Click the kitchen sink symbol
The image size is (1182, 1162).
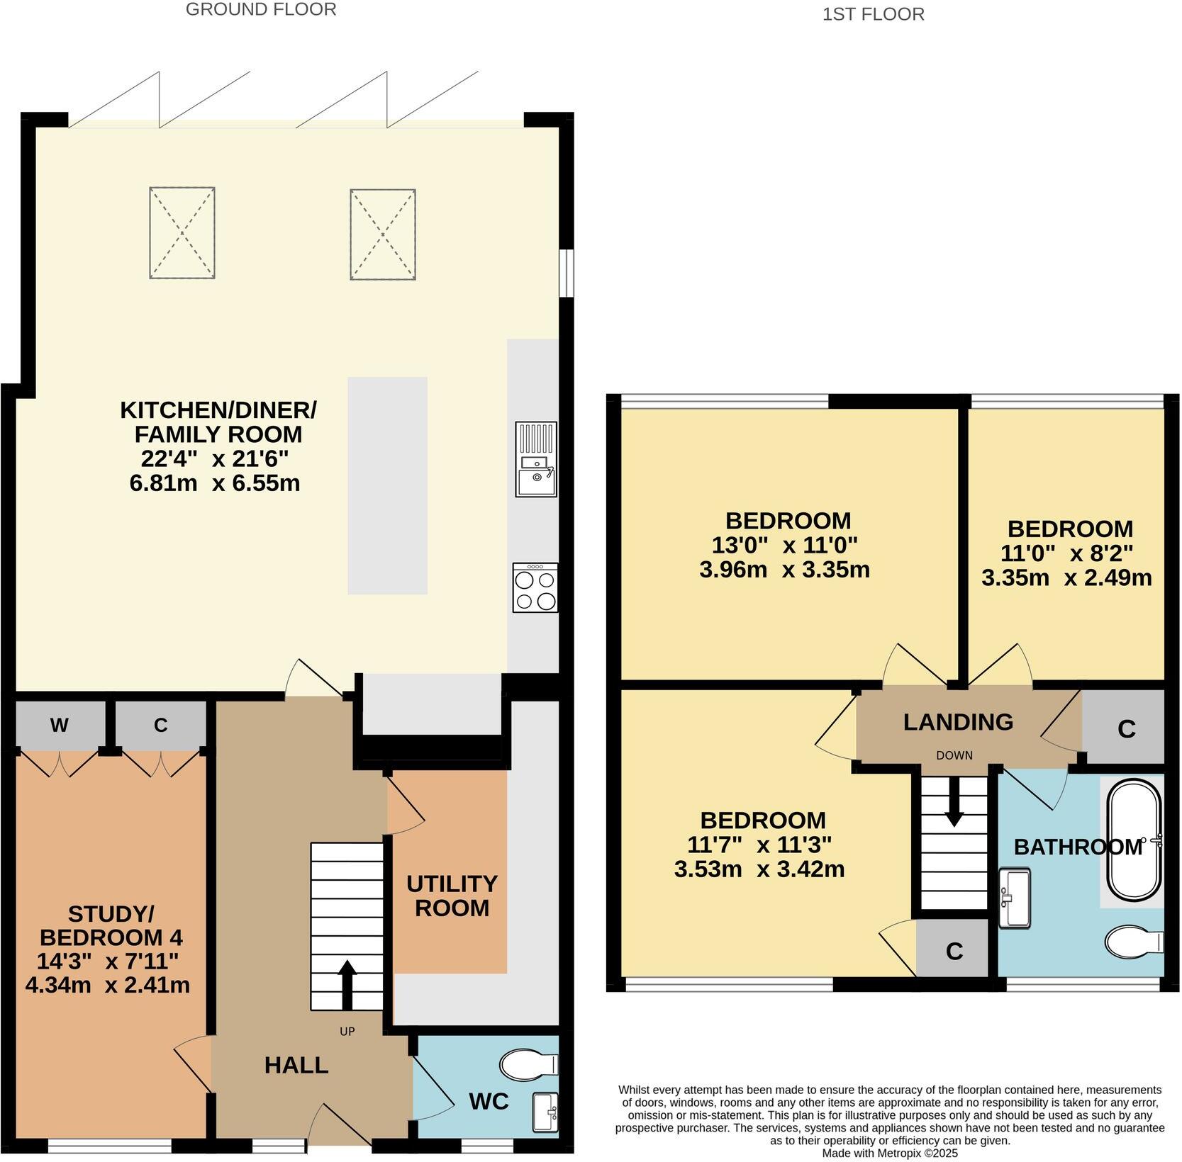click(x=536, y=460)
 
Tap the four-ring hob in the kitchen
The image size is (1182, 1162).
click(x=535, y=587)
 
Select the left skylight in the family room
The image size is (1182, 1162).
click(x=182, y=233)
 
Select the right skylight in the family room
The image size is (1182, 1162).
click(x=383, y=235)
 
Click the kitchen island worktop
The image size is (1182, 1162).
click(x=387, y=485)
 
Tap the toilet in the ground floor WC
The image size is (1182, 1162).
click(x=528, y=1064)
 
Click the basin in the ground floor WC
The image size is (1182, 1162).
click(x=545, y=1112)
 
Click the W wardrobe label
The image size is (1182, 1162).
click(x=60, y=725)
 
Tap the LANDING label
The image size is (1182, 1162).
click(x=958, y=722)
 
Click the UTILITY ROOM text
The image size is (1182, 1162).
click(x=452, y=896)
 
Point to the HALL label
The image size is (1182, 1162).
click(x=296, y=1065)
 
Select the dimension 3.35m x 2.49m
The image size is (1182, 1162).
click(x=1066, y=577)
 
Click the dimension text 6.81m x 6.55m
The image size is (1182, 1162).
click(x=215, y=483)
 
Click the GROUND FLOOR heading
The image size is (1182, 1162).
click(x=261, y=9)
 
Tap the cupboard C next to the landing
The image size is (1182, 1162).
click(x=1126, y=728)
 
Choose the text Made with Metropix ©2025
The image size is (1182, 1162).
click(x=889, y=1153)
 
